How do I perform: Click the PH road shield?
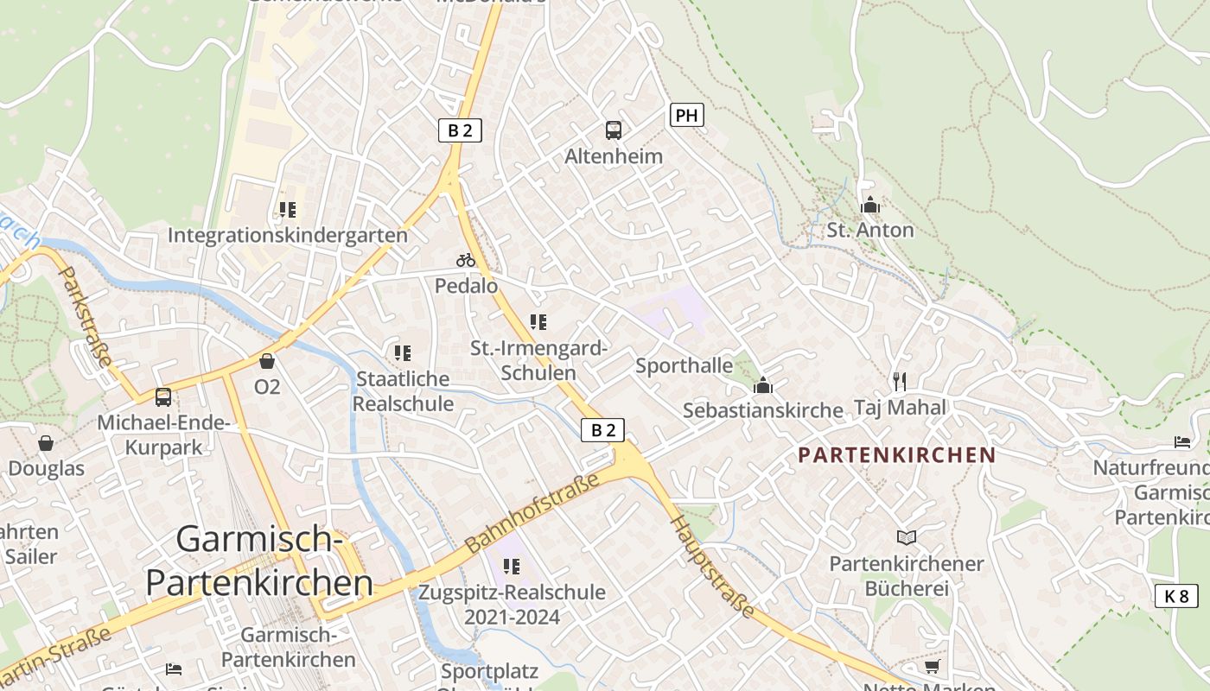pyautogui.click(x=686, y=115)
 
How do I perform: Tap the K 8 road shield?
pyautogui.click(x=1176, y=595)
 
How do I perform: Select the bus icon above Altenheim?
pyautogui.click(x=613, y=130)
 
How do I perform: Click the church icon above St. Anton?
pyautogui.click(x=869, y=205)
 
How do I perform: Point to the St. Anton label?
pyautogui.click(x=869, y=230)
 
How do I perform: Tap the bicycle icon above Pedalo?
pyautogui.click(x=466, y=259)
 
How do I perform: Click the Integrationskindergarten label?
pyautogui.click(x=287, y=235)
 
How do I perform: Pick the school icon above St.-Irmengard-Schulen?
pyautogui.click(x=538, y=322)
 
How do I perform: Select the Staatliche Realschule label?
pyautogui.click(x=403, y=391)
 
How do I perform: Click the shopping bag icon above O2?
pyautogui.click(x=266, y=360)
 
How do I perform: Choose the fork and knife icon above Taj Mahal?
pyautogui.click(x=900, y=381)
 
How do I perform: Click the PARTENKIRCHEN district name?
pyautogui.click(x=896, y=454)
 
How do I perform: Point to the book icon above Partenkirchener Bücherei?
pyautogui.click(x=906, y=537)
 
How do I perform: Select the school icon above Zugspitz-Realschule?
pyautogui.click(x=512, y=567)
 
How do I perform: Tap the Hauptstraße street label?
pyautogui.click(x=713, y=567)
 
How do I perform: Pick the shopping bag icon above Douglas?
pyautogui.click(x=46, y=443)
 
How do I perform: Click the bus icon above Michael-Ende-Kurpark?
pyautogui.click(x=162, y=397)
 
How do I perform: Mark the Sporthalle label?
pyautogui.click(x=684, y=365)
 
